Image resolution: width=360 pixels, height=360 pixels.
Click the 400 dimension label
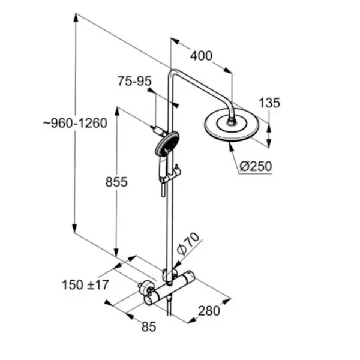(202, 56)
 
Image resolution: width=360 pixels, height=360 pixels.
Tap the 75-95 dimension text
(135, 81)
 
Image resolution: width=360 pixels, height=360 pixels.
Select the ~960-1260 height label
(76, 123)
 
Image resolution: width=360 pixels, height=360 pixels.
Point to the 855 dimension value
(116, 182)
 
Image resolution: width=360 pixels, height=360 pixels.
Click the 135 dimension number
(269, 103)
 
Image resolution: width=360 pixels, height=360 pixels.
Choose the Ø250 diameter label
(256, 166)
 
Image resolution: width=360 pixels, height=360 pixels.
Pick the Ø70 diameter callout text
(188, 244)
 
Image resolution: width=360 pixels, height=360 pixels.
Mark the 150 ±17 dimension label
(85, 285)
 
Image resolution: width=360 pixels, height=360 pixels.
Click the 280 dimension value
(209, 311)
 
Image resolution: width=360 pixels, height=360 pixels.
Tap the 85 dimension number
(149, 327)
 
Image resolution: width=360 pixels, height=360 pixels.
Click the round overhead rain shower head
(232, 125)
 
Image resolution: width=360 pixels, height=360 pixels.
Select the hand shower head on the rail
(167, 144)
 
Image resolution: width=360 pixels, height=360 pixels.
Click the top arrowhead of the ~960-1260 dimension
(76, 17)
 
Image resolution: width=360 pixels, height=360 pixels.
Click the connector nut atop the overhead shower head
(231, 121)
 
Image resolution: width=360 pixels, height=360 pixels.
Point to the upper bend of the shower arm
(172, 73)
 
